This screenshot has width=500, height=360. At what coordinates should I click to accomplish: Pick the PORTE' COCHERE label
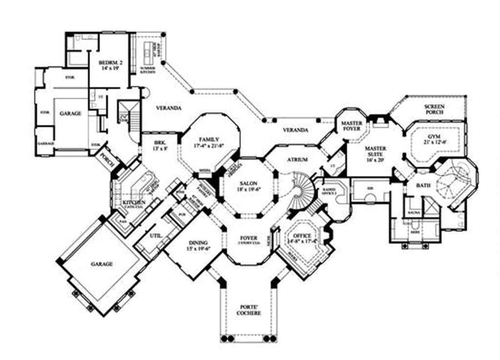click(250, 310)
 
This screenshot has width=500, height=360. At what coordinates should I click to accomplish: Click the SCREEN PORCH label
click(434, 109)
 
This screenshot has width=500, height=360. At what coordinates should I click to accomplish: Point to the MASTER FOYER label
click(352, 126)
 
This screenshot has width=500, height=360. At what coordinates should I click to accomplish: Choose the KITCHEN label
click(134, 203)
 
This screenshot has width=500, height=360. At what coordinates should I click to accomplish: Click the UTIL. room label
click(156, 235)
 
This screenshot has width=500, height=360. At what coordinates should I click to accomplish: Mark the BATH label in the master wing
click(423, 186)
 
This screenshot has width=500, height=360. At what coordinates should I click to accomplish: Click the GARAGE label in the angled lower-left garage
click(102, 264)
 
